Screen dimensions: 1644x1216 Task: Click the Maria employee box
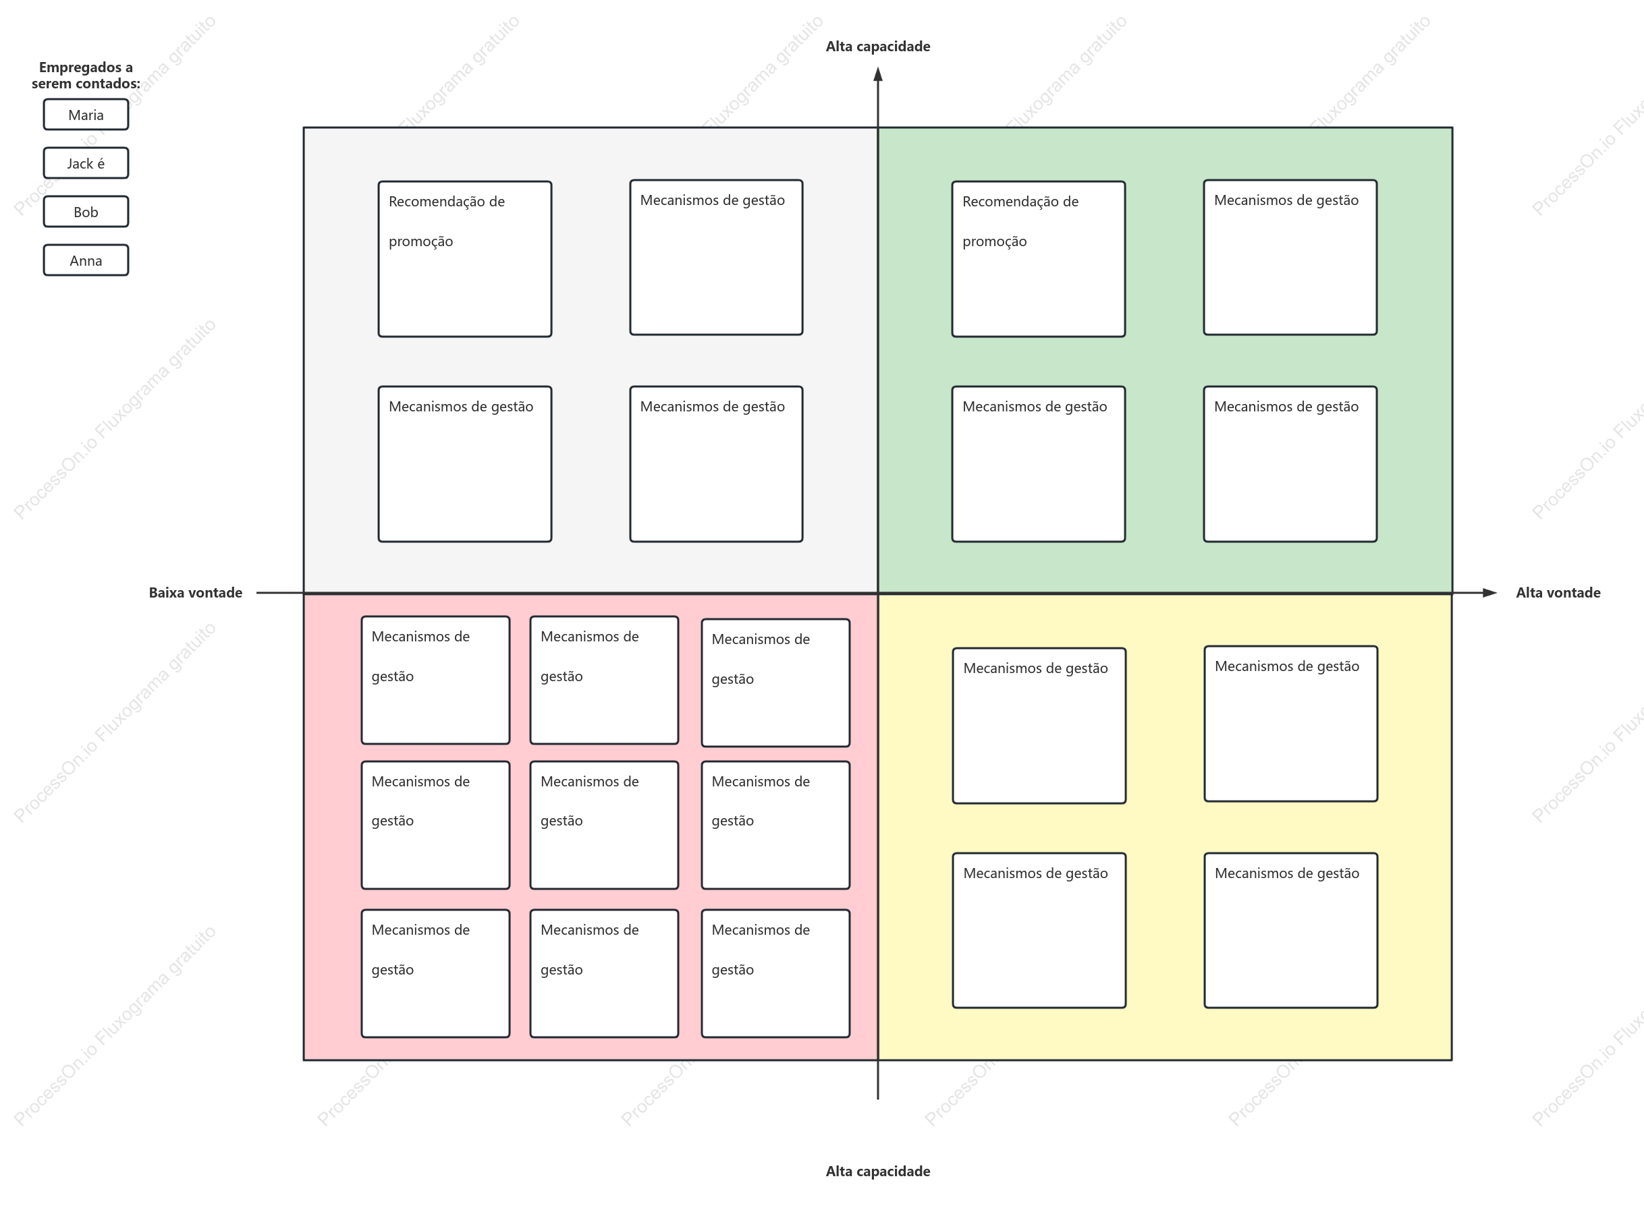(86, 115)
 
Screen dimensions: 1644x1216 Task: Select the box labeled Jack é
(86, 163)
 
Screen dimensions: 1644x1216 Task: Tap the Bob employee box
(86, 212)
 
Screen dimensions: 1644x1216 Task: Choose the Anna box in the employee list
(86, 260)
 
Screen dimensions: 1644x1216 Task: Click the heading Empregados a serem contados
(86, 75)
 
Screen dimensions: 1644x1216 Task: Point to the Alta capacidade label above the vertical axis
(877, 47)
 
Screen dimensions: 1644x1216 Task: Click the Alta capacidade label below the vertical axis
(877, 1171)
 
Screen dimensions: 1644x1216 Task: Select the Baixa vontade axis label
(195, 593)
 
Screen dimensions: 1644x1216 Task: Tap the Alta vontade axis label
(1558, 593)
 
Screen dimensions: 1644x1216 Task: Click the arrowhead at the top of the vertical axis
(878, 74)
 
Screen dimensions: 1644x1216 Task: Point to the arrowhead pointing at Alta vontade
(1489, 593)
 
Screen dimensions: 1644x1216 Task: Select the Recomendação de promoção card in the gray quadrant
(465, 259)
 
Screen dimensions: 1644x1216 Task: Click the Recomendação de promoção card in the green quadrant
(1039, 259)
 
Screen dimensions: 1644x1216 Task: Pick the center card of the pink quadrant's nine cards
(604, 825)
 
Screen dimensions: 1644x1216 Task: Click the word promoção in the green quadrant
(994, 241)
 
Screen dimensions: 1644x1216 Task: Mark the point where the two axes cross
(878, 593)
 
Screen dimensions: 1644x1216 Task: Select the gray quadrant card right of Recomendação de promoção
(716, 258)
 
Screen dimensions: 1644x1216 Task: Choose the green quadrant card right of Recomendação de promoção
(1290, 258)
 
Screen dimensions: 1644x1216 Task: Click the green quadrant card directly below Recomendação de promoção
(1039, 465)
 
